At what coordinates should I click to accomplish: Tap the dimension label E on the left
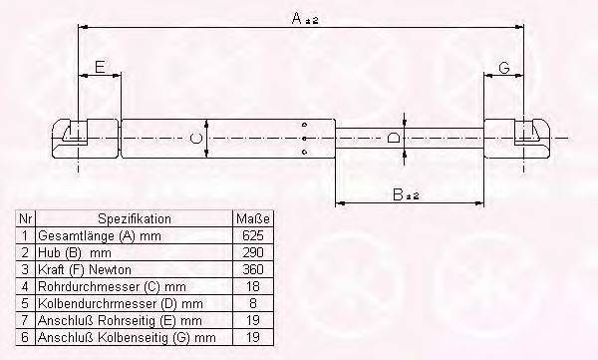click(x=99, y=67)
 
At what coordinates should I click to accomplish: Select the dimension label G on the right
click(x=504, y=67)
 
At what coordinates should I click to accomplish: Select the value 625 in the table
click(x=253, y=235)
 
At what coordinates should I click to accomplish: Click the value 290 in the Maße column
click(x=253, y=252)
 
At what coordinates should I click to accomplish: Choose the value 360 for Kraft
click(x=253, y=269)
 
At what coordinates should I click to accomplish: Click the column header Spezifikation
click(x=135, y=218)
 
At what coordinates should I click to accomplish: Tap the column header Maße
click(x=253, y=218)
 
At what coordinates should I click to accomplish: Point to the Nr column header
click(x=26, y=218)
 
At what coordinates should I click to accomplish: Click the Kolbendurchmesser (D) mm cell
click(x=120, y=303)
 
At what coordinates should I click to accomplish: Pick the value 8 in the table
click(x=253, y=303)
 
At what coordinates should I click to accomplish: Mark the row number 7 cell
click(x=26, y=320)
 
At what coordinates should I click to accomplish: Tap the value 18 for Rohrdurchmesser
click(x=253, y=286)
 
